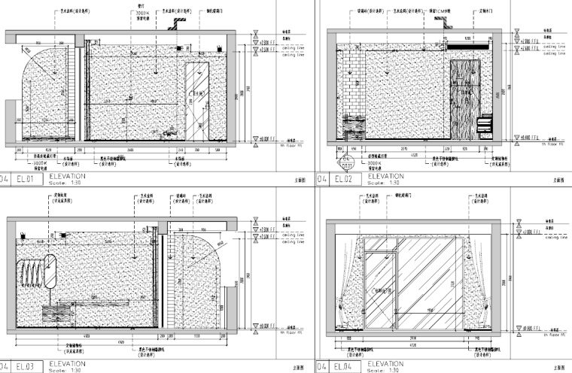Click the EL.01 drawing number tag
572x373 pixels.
26,179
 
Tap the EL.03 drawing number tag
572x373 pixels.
26,366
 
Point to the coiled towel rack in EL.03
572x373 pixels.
30,271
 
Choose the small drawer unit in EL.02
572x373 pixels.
486,125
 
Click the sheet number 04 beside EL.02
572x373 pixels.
322,179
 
